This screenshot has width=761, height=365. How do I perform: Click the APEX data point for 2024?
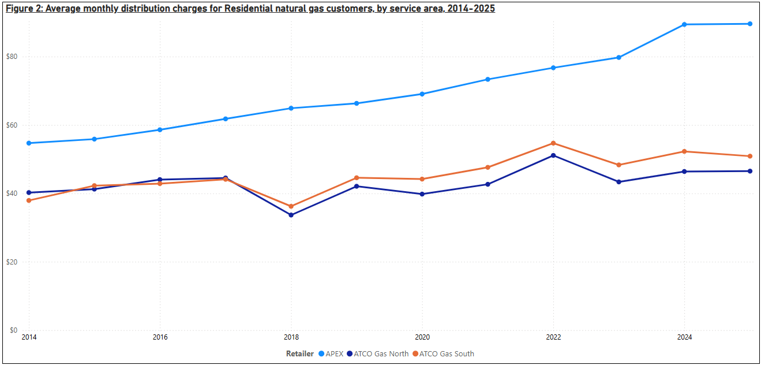click(684, 24)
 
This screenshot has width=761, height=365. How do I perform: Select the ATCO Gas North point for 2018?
click(291, 215)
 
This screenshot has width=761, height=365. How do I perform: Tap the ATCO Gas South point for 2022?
click(553, 143)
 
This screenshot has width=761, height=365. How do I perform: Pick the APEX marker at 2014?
click(29, 143)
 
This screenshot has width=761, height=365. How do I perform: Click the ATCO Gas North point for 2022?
click(553, 155)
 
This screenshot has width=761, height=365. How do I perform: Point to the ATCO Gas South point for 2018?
click(291, 206)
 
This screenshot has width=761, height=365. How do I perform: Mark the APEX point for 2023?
click(618, 57)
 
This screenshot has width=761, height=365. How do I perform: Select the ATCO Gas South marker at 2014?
click(29, 200)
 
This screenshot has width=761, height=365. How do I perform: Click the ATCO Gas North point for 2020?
click(422, 194)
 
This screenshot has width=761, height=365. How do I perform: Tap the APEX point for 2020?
click(422, 94)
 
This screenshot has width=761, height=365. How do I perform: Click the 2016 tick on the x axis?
click(160, 337)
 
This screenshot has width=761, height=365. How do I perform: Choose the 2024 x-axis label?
click(684, 337)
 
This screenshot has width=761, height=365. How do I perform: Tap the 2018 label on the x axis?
click(291, 337)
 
